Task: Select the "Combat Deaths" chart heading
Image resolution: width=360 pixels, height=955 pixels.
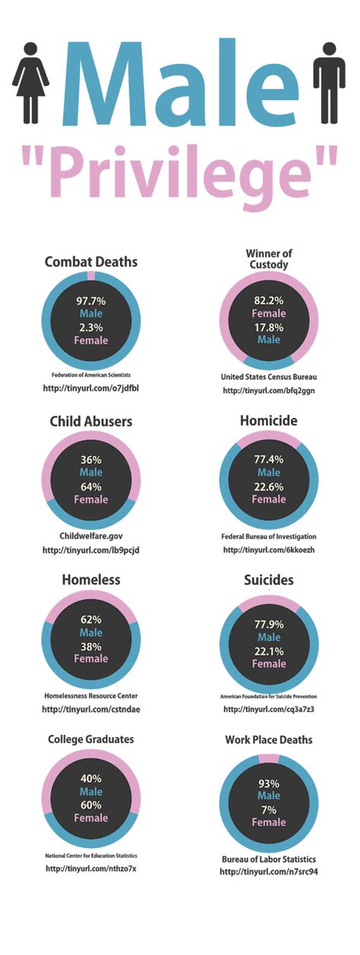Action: coord(91,262)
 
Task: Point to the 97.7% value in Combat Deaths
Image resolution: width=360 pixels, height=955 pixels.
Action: coord(91,301)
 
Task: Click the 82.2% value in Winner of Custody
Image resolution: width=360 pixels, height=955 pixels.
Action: coord(269,301)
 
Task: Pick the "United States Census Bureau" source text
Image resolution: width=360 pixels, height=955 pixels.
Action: coord(269,376)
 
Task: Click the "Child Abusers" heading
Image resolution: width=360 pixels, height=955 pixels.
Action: coord(91,421)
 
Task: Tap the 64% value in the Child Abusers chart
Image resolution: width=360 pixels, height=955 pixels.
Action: coord(91,487)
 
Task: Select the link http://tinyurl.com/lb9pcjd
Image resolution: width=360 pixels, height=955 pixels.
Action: coord(91,550)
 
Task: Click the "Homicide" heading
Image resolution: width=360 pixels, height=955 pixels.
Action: coord(269,421)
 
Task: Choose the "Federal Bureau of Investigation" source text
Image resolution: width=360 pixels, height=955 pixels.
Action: coord(269,535)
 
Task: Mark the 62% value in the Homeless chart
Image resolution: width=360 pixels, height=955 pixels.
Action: coord(91,619)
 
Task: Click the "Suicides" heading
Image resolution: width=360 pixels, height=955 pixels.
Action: coord(269,580)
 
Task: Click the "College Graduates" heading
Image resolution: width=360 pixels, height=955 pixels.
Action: coord(91,739)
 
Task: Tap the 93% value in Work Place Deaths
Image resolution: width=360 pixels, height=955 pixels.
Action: coord(269,783)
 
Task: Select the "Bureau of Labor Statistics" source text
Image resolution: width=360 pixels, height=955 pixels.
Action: coord(269,859)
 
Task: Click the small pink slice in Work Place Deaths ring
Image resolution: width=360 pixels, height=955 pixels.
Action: coord(269,758)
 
